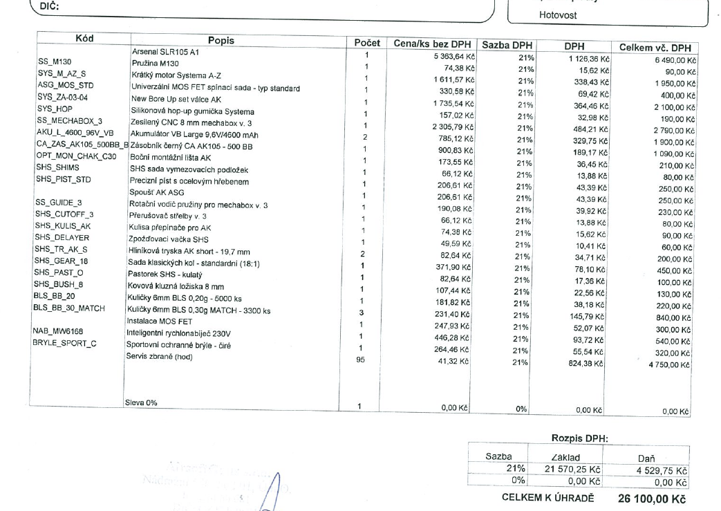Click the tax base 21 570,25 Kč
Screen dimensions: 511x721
point(572,470)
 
